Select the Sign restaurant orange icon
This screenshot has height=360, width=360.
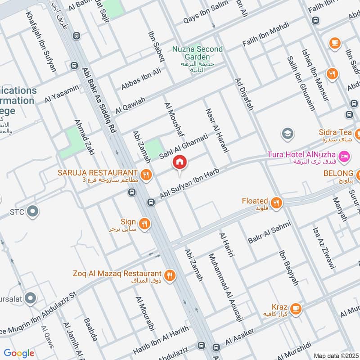(144, 223)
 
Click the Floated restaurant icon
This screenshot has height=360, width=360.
(276, 202)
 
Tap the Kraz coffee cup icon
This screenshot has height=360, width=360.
(295, 308)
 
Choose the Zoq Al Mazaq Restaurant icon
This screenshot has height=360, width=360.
(169, 275)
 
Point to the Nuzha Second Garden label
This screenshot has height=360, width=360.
(197, 53)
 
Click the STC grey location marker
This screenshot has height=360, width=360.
(32, 211)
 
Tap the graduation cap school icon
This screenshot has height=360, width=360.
(287, 134)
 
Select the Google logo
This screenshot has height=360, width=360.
(19, 353)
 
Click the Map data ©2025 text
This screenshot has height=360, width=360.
(335, 355)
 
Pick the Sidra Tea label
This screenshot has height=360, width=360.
(335, 132)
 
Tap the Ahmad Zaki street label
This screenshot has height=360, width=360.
(85, 137)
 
